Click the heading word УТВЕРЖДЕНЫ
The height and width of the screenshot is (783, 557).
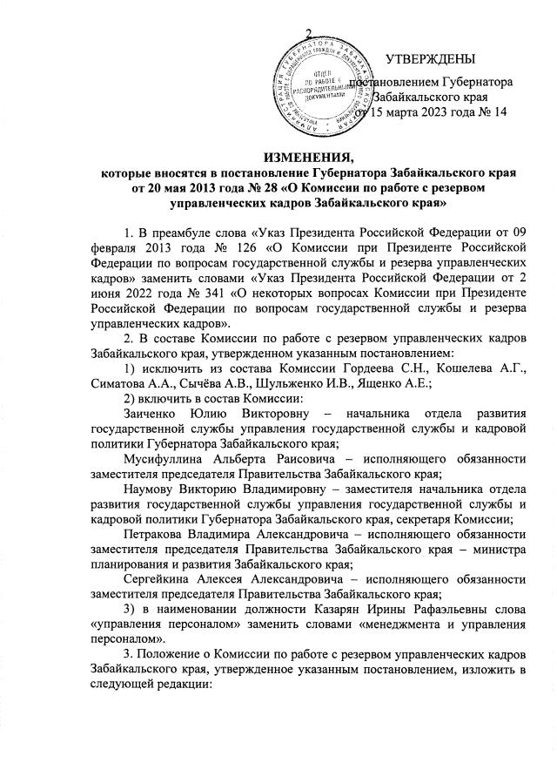[429, 59]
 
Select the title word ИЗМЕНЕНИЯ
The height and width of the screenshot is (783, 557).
[276, 158]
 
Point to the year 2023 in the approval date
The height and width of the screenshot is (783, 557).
[440, 112]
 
